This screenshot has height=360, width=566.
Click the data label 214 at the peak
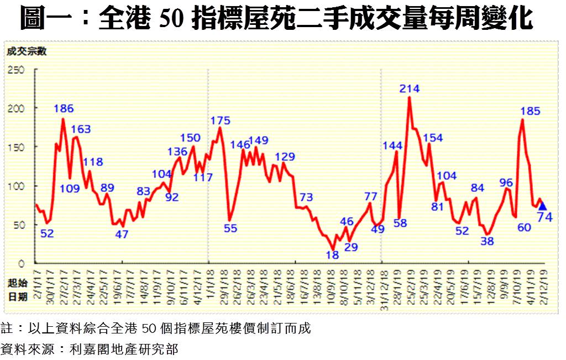(410, 88)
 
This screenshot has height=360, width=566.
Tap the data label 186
(64, 108)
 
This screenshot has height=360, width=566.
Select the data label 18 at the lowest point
(332, 255)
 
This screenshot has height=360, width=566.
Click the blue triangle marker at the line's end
(542, 206)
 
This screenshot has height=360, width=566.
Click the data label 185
(530, 111)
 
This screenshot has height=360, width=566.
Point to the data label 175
(221, 121)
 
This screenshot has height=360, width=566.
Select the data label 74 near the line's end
(545, 217)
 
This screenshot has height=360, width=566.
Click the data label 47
(122, 234)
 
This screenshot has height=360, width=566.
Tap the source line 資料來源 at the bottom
(90, 349)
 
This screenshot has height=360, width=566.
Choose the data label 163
(81, 129)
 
